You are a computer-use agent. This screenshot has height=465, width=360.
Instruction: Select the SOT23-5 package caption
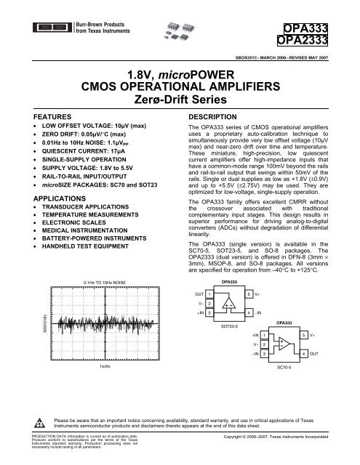229,347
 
